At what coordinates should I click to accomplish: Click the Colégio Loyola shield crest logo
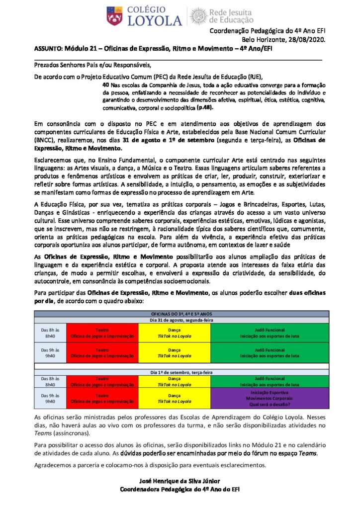(x=114, y=16)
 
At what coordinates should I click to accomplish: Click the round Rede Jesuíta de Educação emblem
(x=197, y=16)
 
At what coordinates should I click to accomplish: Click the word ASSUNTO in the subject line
(x=47, y=48)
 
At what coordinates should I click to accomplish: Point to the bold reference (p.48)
(x=207, y=107)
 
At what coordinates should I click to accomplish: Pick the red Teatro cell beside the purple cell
(x=102, y=398)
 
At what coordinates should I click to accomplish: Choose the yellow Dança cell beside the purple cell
(x=174, y=398)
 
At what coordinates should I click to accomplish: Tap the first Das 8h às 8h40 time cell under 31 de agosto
(x=50, y=332)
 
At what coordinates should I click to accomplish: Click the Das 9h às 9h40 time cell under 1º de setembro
(x=50, y=398)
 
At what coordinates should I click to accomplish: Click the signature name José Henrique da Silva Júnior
(x=180, y=481)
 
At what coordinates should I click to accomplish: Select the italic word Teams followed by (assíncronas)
(x=42, y=434)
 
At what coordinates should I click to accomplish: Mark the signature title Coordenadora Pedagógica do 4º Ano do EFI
(x=180, y=489)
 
